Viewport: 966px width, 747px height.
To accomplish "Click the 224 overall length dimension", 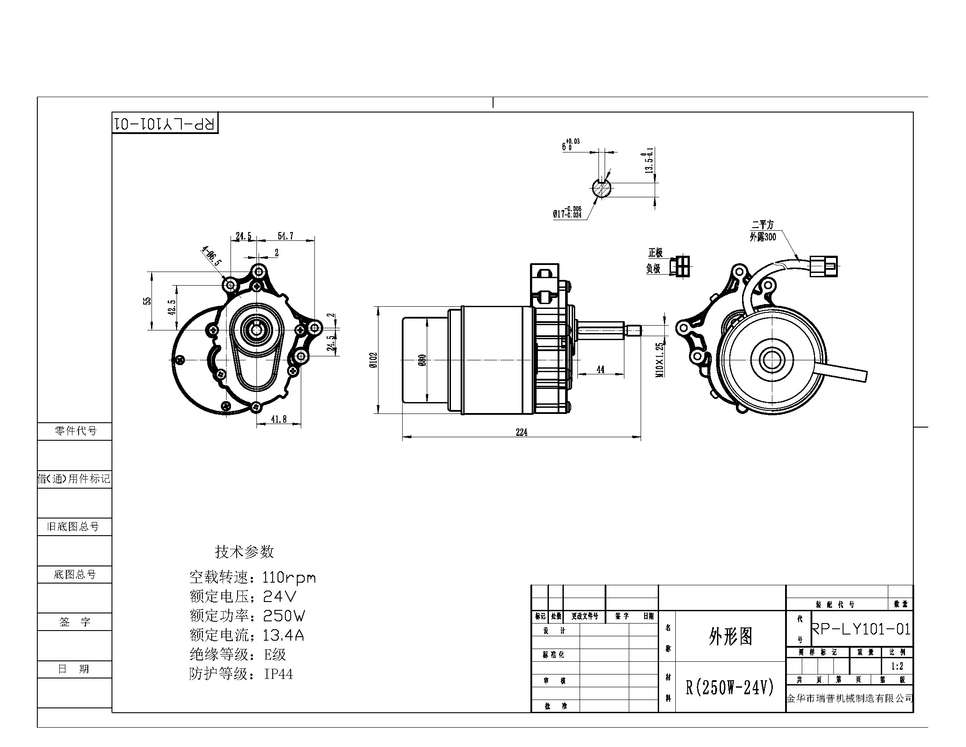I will pos(522,432).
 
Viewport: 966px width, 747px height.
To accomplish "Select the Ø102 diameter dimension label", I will pos(373,360).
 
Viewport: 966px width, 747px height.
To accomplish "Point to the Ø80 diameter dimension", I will pos(422,361).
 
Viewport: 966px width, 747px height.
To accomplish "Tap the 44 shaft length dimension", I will pos(600,370).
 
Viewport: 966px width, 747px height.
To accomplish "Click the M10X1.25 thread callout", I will pos(660,359).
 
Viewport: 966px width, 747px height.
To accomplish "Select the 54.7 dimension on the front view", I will pos(285,236).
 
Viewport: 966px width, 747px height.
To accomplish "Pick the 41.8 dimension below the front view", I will pos(279,419).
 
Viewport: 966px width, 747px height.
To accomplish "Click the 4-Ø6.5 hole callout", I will pos(212,256).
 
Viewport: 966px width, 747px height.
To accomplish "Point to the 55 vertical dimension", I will pos(147,301).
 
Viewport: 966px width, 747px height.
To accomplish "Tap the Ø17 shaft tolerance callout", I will pos(567,212).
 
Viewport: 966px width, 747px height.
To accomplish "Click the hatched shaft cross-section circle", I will pos(602,189).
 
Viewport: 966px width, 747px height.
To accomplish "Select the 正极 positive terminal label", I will pos(656,253).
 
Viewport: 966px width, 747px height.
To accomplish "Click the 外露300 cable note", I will pos(763,237).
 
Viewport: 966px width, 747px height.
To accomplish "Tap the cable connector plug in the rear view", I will pos(824,267).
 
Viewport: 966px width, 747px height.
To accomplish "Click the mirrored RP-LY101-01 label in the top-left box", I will pos(165,123).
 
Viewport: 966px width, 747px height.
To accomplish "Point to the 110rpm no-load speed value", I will pos(289,577).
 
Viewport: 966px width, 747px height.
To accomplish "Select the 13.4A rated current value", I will pos(283,635).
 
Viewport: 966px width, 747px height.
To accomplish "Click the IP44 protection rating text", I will pos(278,674).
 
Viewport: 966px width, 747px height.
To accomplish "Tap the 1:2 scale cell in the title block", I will pos(897,666).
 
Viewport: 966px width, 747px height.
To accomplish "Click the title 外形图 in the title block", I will pos(730,636).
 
